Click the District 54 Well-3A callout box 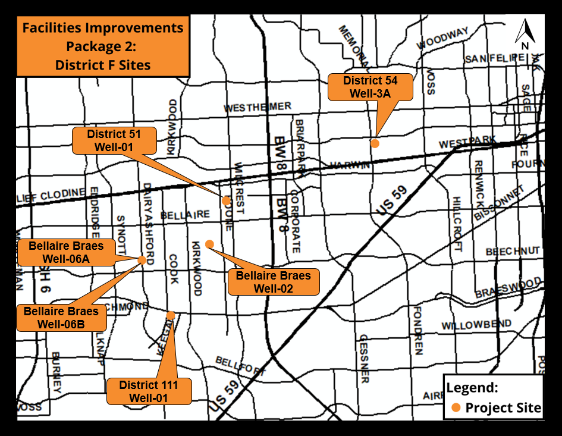pyautogui.click(x=370, y=87)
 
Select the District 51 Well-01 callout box pyautogui.click(x=114, y=140)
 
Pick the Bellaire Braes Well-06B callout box pyautogui.click(x=61, y=318)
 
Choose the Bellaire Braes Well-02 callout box pyautogui.click(x=273, y=281)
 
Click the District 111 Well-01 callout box pyautogui.click(x=148, y=391)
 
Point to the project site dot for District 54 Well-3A pyautogui.click(x=375, y=143)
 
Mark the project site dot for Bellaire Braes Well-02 pyautogui.click(x=209, y=244)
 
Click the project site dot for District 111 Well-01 pyautogui.click(x=171, y=315)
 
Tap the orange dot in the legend pyautogui.click(x=456, y=408)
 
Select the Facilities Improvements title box pyautogui.click(x=103, y=46)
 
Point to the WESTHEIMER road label pyautogui.click(x=258, y=108)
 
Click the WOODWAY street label pyautogui.click(x=442, y=40)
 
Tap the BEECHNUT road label pyautogui.click(x=513, y=252)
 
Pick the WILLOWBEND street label pyautogui.click(x=476, y=325)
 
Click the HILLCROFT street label pyautogui.click(x=457, y=225)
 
